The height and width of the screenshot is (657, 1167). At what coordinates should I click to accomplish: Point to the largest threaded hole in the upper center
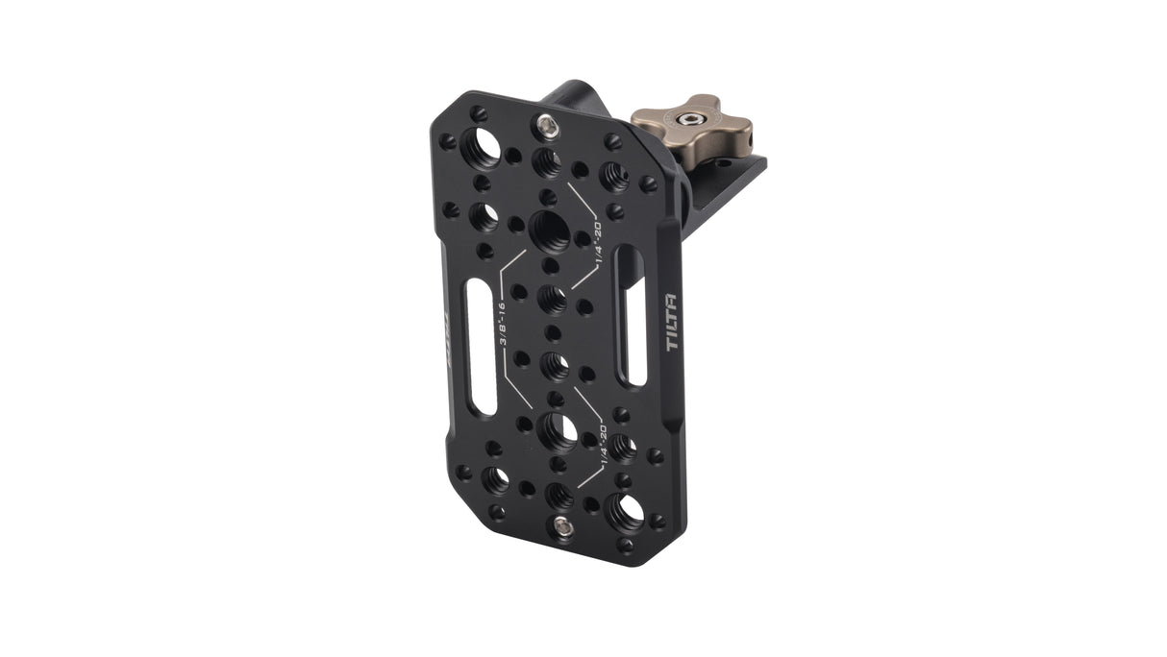point(549,228)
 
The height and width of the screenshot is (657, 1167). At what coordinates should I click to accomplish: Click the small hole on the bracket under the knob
point(721,163)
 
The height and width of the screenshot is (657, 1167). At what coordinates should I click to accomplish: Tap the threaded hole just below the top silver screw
point(547,159)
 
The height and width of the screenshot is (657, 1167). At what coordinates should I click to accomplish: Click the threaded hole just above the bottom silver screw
point(559,495)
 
